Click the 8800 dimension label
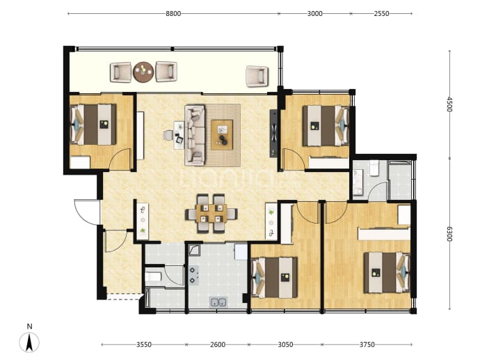click(x=173, y=13)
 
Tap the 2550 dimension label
click(x=381, y=13)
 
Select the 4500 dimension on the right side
click(x=449, y=104)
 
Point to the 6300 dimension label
click(x=449, y=234)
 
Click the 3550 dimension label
click(x=144, y=345)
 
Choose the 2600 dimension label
click(x=218, y=345)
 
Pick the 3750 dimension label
click(x=367, y=345)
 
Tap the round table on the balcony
click(x=143, y=72)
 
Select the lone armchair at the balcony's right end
click(x=257, y=75)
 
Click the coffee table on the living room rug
click(x=222, y=135)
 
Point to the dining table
click(x=211, y=213)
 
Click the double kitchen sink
click(x=218, y=302)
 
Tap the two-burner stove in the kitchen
click(x=193, y=275)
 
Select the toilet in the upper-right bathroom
click(x=374, y=169)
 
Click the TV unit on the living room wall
click(x=273, y=133)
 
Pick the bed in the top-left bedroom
click(x=93, y=125)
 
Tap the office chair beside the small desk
click(x=168, y=135)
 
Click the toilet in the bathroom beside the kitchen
click(x=153, y=277)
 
